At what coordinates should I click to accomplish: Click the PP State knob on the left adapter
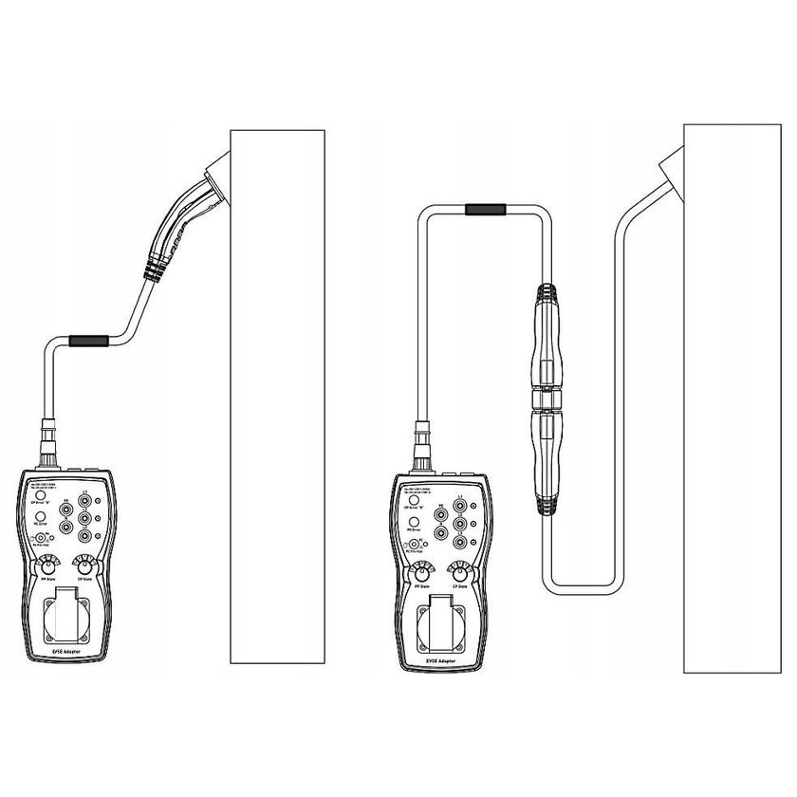coord(46,569)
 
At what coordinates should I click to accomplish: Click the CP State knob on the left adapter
coord(86,569)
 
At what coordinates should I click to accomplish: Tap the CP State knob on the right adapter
coord(460,573)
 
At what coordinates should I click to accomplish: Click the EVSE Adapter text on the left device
coord(65,653)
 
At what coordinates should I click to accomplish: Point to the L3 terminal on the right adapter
coord(461,543)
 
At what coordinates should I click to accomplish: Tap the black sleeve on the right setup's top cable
coord(487,211)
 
